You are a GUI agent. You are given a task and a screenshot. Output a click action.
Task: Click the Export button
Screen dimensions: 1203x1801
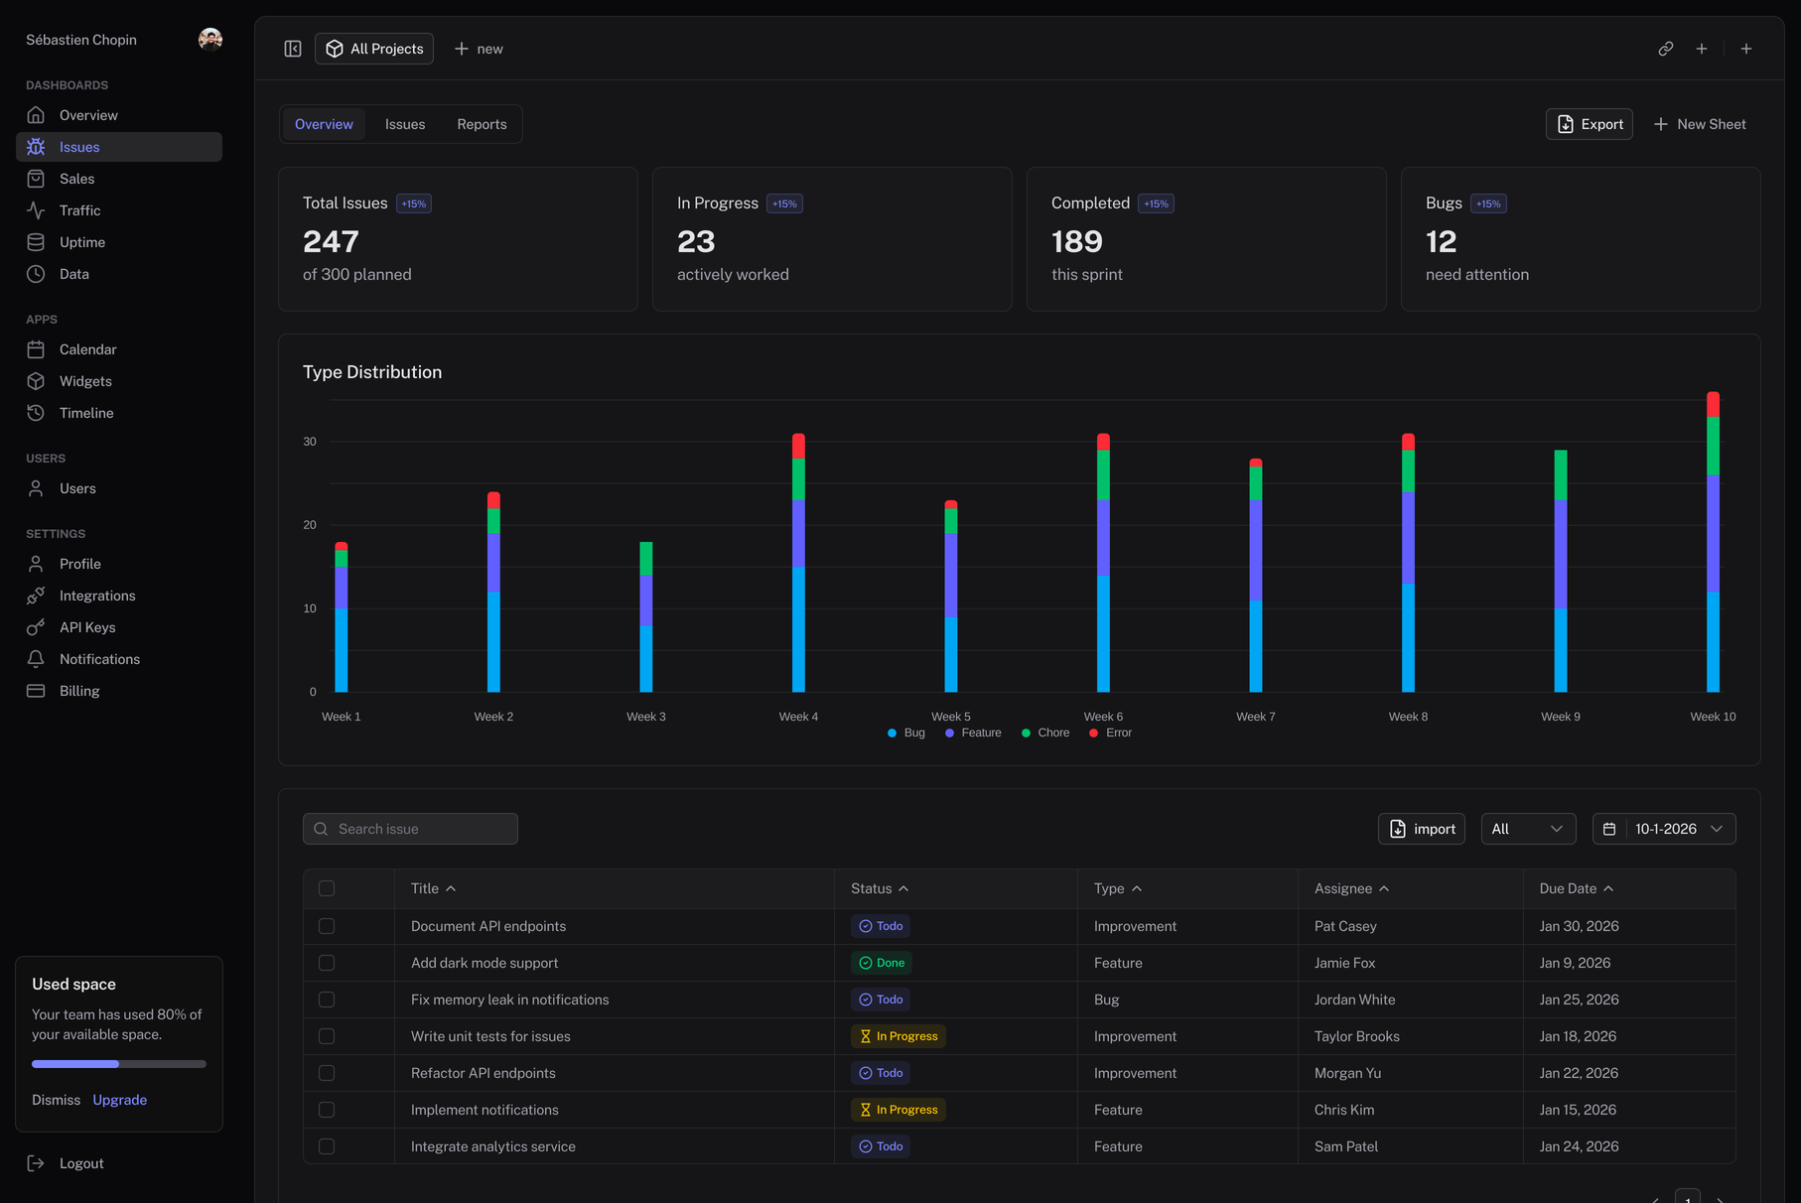tap(1589, 124)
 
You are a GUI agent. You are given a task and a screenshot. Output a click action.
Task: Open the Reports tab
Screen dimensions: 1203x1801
tap(482, 124)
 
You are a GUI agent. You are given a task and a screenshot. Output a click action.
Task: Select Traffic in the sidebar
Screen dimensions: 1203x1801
tap(79, 210)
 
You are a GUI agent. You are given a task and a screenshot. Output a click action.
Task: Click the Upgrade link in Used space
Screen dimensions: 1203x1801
tap(119, 1100)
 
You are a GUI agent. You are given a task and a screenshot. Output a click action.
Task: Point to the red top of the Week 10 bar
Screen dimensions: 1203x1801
tap(1713, 404)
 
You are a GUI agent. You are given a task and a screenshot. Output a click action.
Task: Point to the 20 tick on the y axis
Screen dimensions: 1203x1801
tap(310, 525)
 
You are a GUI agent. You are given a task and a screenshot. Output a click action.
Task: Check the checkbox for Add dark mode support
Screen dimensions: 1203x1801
tap(327, 963)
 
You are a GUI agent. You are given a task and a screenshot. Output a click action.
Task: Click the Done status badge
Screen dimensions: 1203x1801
tap(882, 963)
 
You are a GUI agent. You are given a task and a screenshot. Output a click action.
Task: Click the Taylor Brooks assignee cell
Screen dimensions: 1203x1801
tap(1356, 1036)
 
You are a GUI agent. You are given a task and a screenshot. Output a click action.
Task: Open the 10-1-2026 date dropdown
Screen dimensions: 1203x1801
tap(1664, 829)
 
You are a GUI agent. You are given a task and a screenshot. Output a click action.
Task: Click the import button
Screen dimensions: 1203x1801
tap(1421, 829)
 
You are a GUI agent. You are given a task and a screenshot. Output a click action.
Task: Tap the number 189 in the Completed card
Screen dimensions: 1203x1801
tap(1076, 241)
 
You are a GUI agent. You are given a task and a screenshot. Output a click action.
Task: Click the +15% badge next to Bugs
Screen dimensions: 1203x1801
tap(1487, 203)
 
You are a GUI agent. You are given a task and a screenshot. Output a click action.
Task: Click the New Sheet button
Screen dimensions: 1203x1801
tap(1699, 124)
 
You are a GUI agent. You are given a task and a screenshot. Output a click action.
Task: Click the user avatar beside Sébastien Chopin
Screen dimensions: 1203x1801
tap(209, 40)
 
